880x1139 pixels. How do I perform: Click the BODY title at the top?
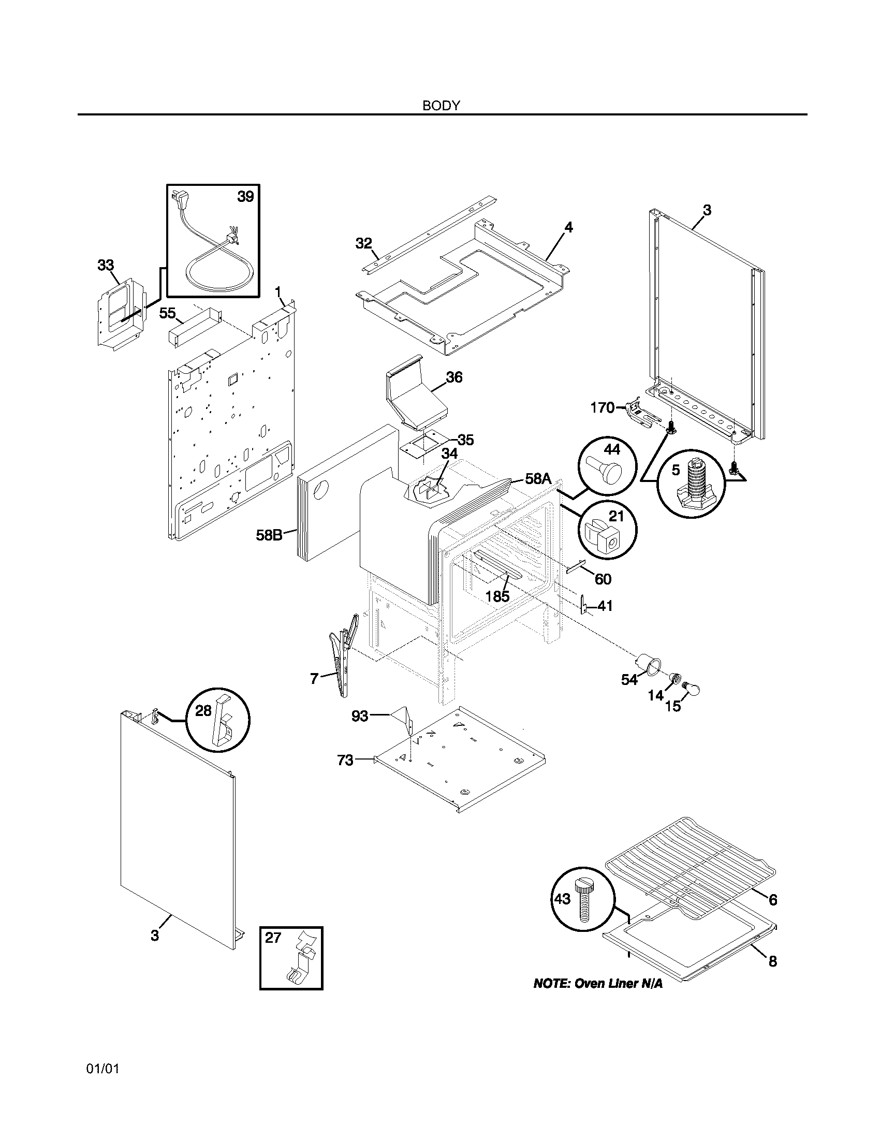tap(441, 105)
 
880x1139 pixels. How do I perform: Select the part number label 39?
tap(245, 197)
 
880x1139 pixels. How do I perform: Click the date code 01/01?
tap(102, 1069)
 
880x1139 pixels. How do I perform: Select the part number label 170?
tap(602, 408)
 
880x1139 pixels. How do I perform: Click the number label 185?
tap(497, 596)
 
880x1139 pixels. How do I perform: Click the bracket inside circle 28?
tap(221, 720)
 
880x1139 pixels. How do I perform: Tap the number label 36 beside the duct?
tap(454, 377)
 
